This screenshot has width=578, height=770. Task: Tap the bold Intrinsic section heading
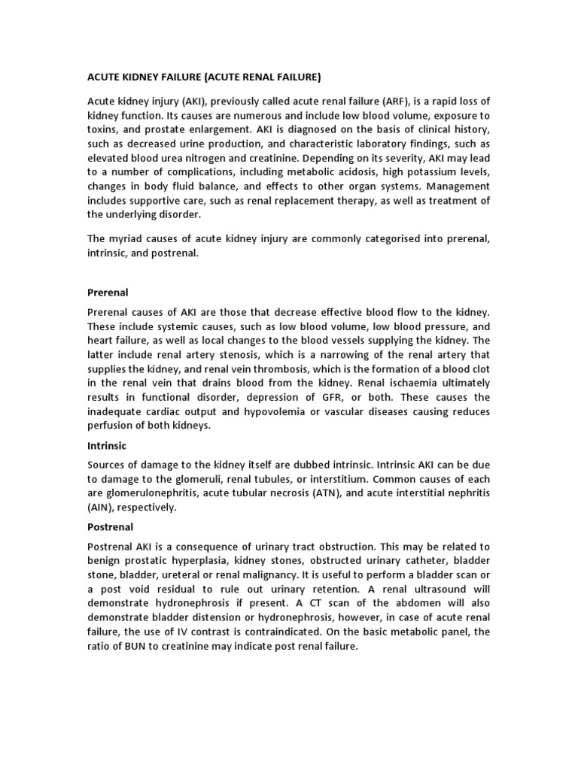coord(108,445)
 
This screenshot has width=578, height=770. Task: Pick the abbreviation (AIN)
coord(104,508)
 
